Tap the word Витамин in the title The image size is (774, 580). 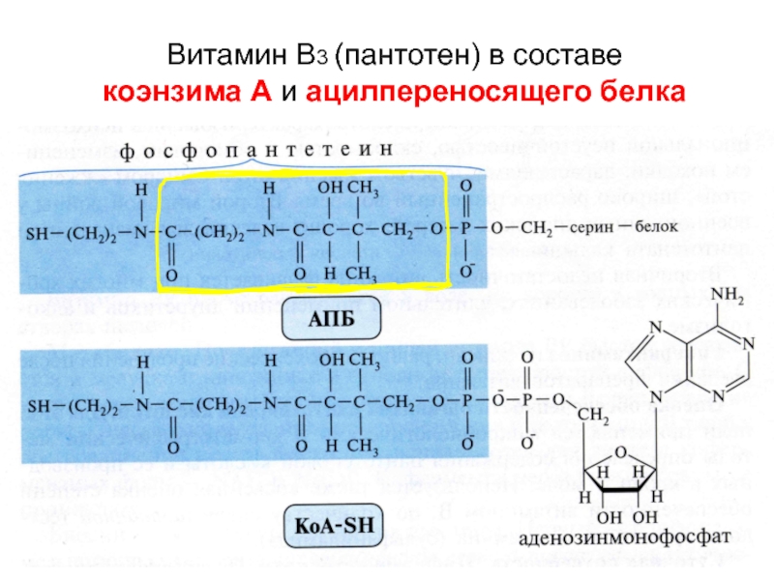(209, 55)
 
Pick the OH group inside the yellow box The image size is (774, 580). (330, 185)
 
